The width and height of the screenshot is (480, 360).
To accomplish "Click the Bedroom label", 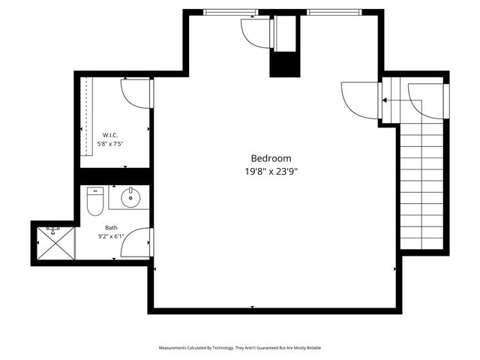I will (x=271, y=158).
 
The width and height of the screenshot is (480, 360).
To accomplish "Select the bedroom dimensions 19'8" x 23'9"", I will (x=271, y=172).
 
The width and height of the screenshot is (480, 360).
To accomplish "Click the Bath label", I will (x=111, y=227).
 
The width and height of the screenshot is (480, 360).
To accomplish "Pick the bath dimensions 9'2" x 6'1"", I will (x=111, y=236).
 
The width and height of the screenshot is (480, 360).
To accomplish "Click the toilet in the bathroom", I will (x=95, y=200).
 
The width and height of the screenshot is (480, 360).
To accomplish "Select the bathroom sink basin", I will (x=130, y=199).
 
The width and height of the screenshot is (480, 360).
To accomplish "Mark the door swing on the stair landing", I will (x=426, y=100).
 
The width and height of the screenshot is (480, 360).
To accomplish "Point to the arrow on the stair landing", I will (x=390, y=99).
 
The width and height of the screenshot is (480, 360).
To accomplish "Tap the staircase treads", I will (x=421, y=187).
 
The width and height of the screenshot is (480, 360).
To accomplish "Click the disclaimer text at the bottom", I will (x=240, y=348).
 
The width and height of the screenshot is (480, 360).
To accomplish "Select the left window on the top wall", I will (x=230, y=12).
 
